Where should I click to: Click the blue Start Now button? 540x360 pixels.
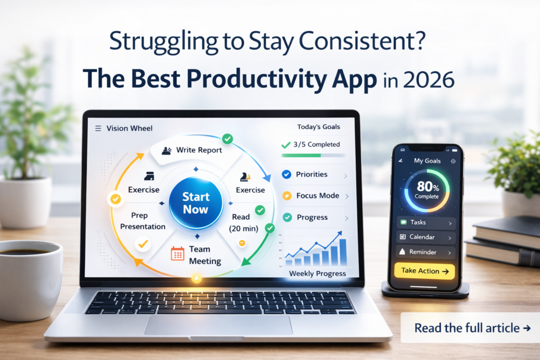tap(196, 202)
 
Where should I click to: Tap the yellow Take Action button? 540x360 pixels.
tap(424, 271)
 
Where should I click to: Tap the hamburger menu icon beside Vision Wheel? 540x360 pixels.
tap(98, 128)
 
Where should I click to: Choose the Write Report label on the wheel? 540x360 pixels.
tap(199, 150)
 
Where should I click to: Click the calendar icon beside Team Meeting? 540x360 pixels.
tap(178, 254)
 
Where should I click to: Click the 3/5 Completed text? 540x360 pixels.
tap(316, 144)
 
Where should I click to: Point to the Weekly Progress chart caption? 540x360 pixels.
tap(317, 274)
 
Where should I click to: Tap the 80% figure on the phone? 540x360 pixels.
tap(427, 187)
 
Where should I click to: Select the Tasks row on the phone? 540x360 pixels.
tap(426, 223)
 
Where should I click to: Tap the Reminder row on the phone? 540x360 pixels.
tap(426, 252)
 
